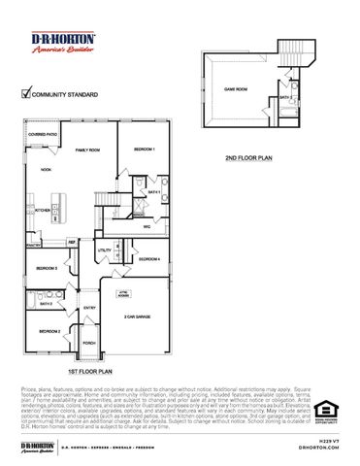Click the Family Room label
pyautogui.click(x=89, y=150)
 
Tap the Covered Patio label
pyautogui.click(x=43, y=133)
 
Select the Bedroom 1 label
pyautogui.click(x=145, y=149)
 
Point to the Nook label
pyautogui.click(x=46, y=169)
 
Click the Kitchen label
pyautogui.click(x=43, y=210)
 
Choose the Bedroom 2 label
pyautogui.click(x=50, y=332)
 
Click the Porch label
pyautogui.click(x=89, y=343)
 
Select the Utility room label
pyautogui.click(x=105, y=251)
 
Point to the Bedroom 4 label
pyautogui.click(x=148, y=259)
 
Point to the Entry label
pyautogui.click(x=89, y=309)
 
